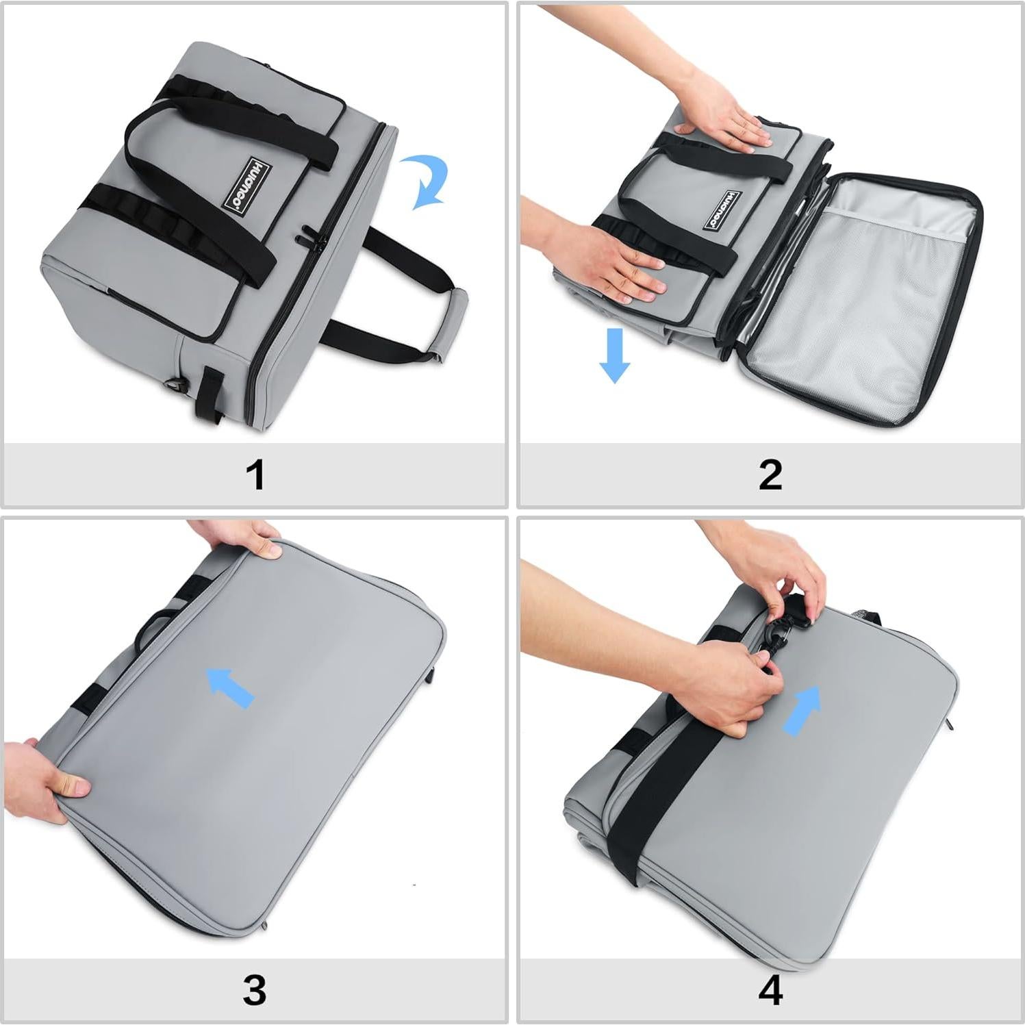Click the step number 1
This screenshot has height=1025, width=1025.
pos(255,474)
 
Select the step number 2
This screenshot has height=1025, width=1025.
pos(770,474)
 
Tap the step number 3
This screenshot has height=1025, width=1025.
pos(254,990)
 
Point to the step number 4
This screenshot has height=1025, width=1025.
pos(770,990)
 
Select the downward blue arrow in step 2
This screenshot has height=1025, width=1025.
pos(614,355)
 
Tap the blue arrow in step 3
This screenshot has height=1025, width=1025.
pos(231,687)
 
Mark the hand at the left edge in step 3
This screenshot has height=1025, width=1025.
pos(45,781)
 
